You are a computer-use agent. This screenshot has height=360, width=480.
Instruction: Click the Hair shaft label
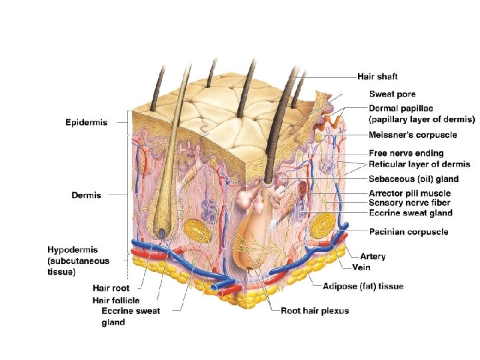(x=377, y=77)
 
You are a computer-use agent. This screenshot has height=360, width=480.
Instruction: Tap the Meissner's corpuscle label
(x=413, y=135)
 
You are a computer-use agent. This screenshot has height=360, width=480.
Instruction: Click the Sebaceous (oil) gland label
(x=413, y=179)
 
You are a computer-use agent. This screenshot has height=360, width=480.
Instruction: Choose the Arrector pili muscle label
(x=409, y=194)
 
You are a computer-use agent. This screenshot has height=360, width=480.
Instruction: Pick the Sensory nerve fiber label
(x=409, y=203)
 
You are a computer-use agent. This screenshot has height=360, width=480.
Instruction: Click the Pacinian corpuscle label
(x=408, y=232)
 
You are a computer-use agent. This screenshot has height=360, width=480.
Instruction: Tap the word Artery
(x=373, y=256)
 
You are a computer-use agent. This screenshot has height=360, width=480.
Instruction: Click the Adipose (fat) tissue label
(x=363, y=287)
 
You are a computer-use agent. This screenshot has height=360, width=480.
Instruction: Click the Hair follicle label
(x=116, y=301)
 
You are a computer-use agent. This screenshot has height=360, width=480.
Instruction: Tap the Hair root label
(x=111, y=289)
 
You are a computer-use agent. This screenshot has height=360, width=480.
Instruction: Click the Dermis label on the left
(x=86, y=195)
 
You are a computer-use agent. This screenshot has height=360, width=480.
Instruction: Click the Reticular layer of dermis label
(x=419, y=164)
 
